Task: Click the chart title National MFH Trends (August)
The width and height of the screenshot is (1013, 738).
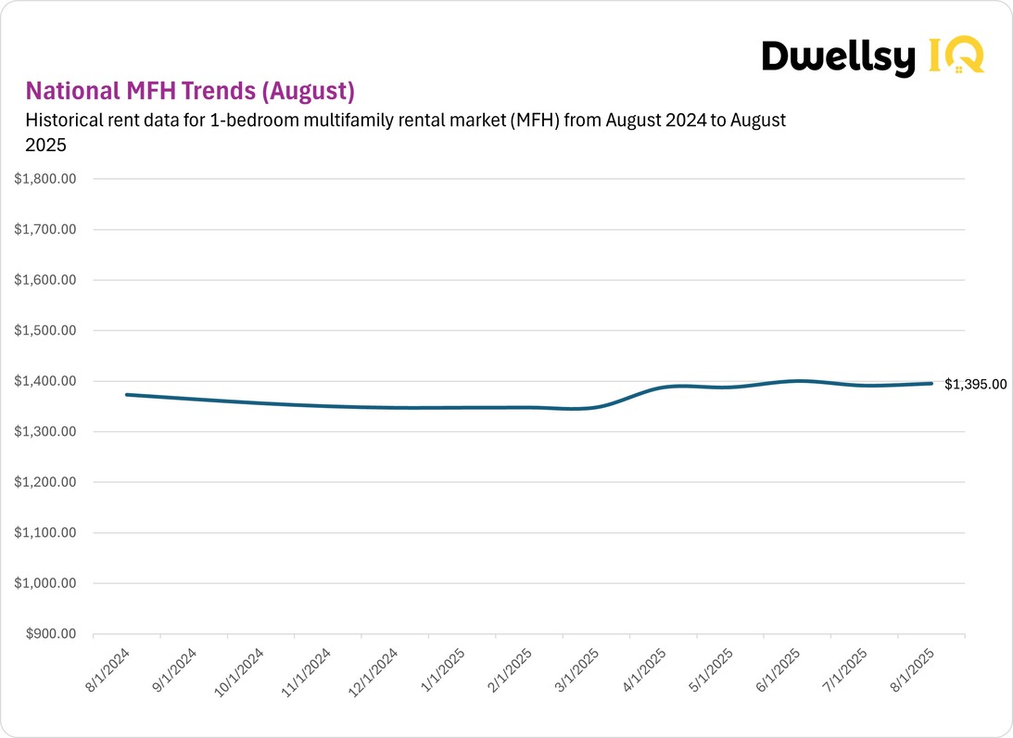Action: [x=190, y=91]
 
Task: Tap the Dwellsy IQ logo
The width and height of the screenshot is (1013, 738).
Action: [x=871, y=57]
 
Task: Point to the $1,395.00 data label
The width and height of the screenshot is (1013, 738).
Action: [x=975, y=384]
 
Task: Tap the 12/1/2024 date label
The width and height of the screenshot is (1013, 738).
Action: [x=374, y=671]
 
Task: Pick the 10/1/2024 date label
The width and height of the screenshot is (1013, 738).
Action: [x=239, y=671]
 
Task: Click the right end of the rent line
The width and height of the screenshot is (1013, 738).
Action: [x=931, y=383]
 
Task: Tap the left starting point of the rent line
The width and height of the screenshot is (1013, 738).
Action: [x=127, y=395]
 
